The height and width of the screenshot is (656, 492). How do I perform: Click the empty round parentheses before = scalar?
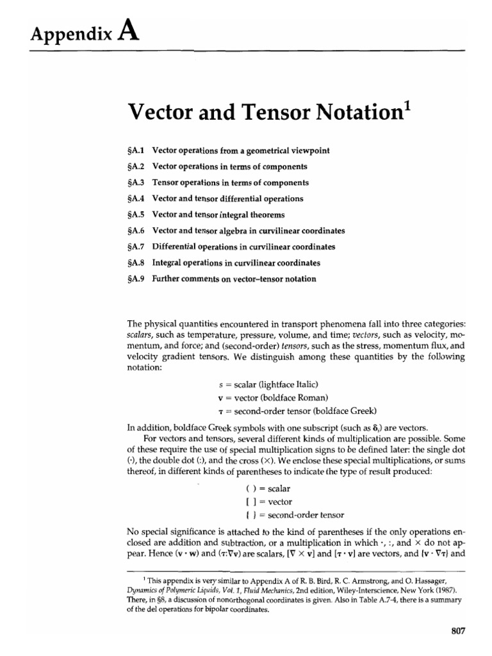pos(242,488)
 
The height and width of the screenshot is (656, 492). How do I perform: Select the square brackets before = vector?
pos(242,501)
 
